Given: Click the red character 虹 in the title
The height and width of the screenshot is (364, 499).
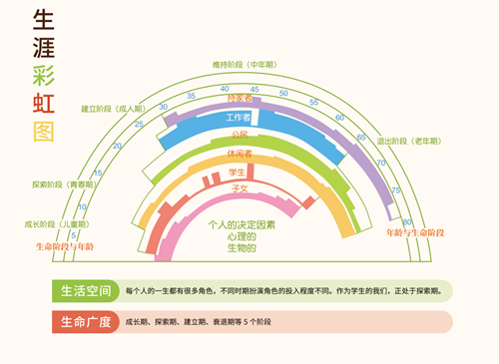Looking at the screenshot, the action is (43, 103).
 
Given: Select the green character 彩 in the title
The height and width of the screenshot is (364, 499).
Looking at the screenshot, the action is (43, 75).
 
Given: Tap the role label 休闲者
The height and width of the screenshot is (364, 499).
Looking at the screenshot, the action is (239, 154).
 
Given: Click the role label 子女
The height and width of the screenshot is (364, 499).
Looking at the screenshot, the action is (239, 187).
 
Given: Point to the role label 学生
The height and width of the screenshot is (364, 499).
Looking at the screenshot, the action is (238, 172).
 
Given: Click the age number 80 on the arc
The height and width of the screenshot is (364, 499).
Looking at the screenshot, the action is (406, 221).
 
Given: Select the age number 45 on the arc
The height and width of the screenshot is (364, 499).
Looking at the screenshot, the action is (253, 90).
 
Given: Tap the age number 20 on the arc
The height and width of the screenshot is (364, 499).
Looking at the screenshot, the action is (118, 147).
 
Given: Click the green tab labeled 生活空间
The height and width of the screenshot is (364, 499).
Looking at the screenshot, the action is (86, 291).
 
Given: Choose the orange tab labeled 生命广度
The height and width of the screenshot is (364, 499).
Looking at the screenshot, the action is (86, 322).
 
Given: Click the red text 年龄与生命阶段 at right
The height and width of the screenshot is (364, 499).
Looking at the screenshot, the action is (414, 232).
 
